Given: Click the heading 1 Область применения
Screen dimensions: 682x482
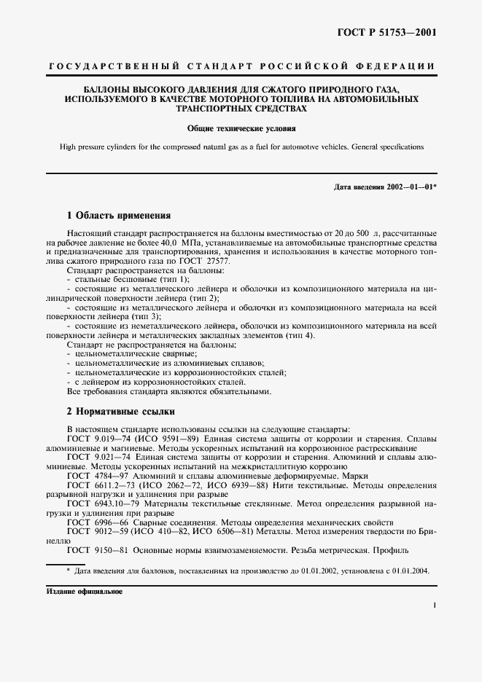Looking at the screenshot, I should (x=119, y=216).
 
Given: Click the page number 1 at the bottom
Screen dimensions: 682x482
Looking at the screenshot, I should (x=434, y=605).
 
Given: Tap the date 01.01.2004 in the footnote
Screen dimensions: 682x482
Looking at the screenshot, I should (x=409, y=571).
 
